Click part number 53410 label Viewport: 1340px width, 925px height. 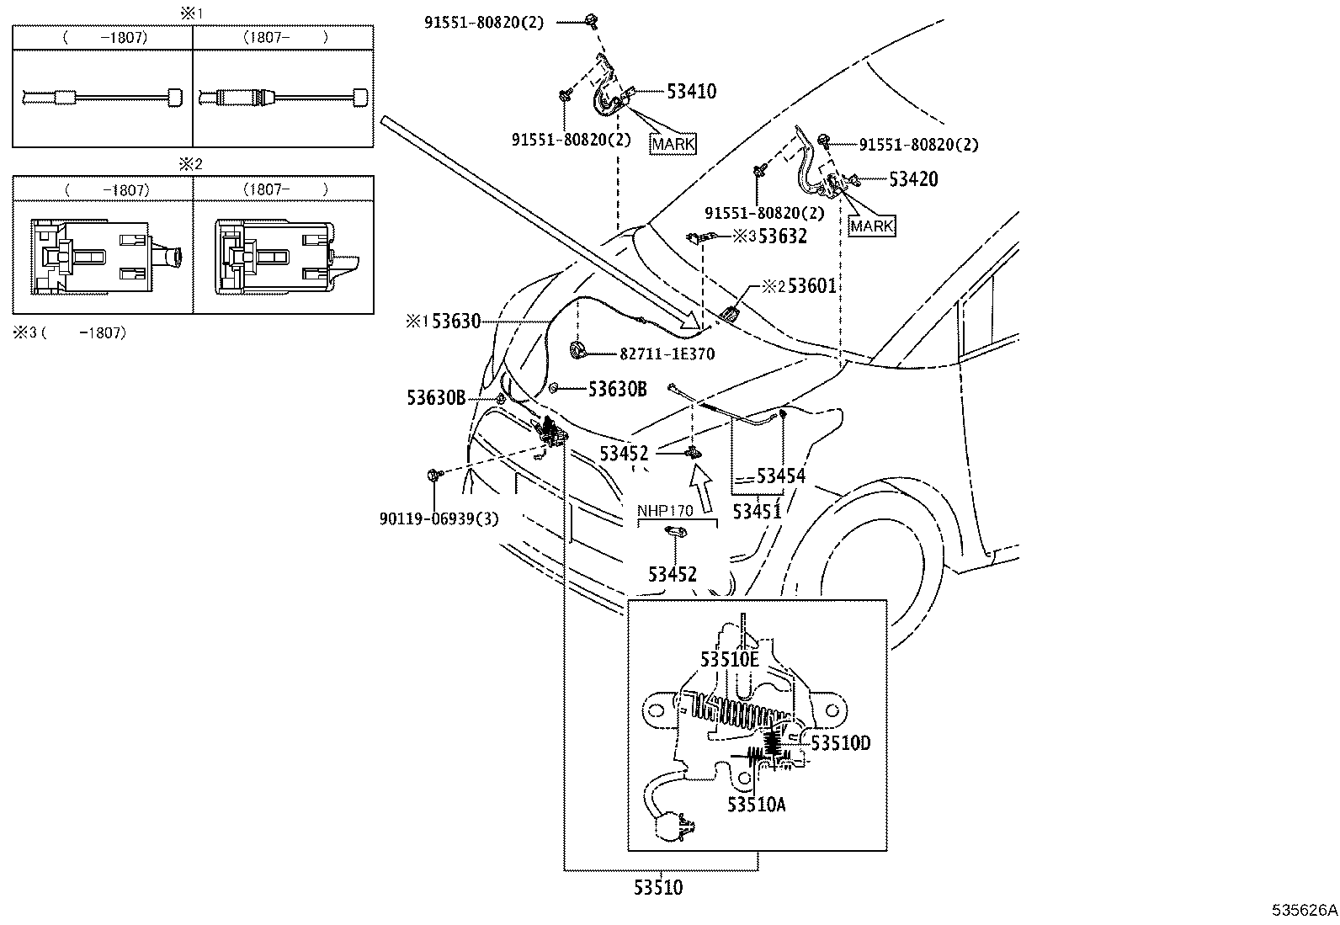click(x=691, y=91)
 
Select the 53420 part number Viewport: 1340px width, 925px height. click(x=913, y=178)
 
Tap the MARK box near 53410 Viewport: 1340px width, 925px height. click(x=673, y=144)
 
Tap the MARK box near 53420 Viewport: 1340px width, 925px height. click(x=871, y=226)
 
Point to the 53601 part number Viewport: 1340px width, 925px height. click(x=811, y=286)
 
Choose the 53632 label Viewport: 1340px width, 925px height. click(x=782, y=237)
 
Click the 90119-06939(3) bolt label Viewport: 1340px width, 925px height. click(x=439, y=519)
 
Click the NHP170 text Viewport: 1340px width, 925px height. click(x=664, y=510)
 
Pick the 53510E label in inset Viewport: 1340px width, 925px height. click(x=730, y=659)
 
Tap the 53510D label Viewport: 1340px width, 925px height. click(x=840, y=743)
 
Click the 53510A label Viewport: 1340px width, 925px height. click(x=757, y=805)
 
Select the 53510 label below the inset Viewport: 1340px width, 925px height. click(x=658, y=887)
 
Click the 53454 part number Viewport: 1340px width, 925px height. click(x=780, y=476)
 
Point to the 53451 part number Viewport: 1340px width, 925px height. click(x=757, y=511)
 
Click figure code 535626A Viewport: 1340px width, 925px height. click(x=1304, y=910)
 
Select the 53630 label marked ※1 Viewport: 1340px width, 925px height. click(x=455, y=322)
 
